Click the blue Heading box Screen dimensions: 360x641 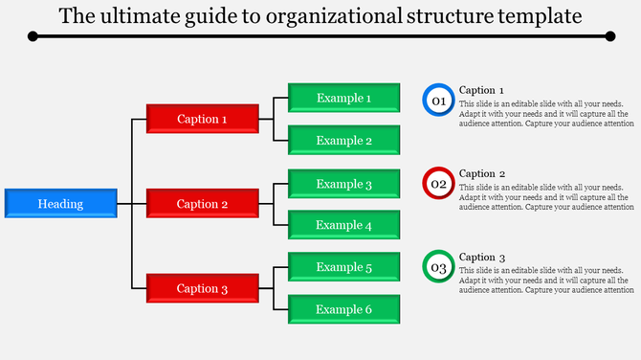pos(60,204)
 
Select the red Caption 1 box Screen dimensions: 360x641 pos(202,120)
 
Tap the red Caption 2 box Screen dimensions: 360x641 pos(202,204)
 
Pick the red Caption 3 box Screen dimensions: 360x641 pos(202,289)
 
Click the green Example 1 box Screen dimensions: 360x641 pos(343,98)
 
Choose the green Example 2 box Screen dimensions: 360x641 pos(343,141)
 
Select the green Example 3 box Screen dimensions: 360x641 pos(343,184)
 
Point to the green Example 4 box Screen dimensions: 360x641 pos(343,225)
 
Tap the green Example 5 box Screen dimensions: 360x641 pos(343,267)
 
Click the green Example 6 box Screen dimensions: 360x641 pos(343,309)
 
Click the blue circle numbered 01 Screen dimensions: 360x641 pos(438,100)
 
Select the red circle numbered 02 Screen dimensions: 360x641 pos(438,183)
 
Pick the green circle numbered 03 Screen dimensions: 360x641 pos(438,267)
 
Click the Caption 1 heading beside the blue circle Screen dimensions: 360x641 pos(481,90)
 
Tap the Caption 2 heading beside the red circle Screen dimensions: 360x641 pos(481,173)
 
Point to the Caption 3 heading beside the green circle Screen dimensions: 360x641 pos(481,257)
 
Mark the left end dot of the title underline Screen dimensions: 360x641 pos(33,36)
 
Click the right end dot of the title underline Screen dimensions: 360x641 pos(610,36)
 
